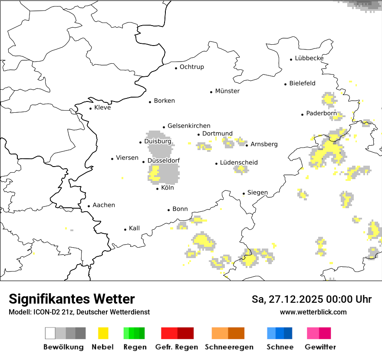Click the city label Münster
click(x=227, y=91)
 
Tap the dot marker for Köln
click(x=158, y=189)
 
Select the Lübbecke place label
click(x=309, y=58)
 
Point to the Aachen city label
click(x=104, y=205)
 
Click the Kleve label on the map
click(x=102, y=108)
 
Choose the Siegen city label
click(x=257, y=193)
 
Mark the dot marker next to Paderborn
click(x=303, y=115)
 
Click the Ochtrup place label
click(x=191, y=67)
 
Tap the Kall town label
click(x=134, y=228)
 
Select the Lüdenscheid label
click(x=239, y=163)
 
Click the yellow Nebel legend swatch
click(x=103, y=333)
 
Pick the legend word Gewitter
click(x=320, y=347)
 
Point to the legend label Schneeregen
click(x=229, y=347)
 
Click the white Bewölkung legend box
click(x=50, y=333)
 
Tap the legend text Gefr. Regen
click(x=177, y=347)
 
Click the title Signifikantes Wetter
click(x=72, y=299)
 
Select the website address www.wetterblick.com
click(x=313, y=312)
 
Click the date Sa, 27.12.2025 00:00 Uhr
click(x=312, y=299)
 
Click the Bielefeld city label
click(x=302, y=83)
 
